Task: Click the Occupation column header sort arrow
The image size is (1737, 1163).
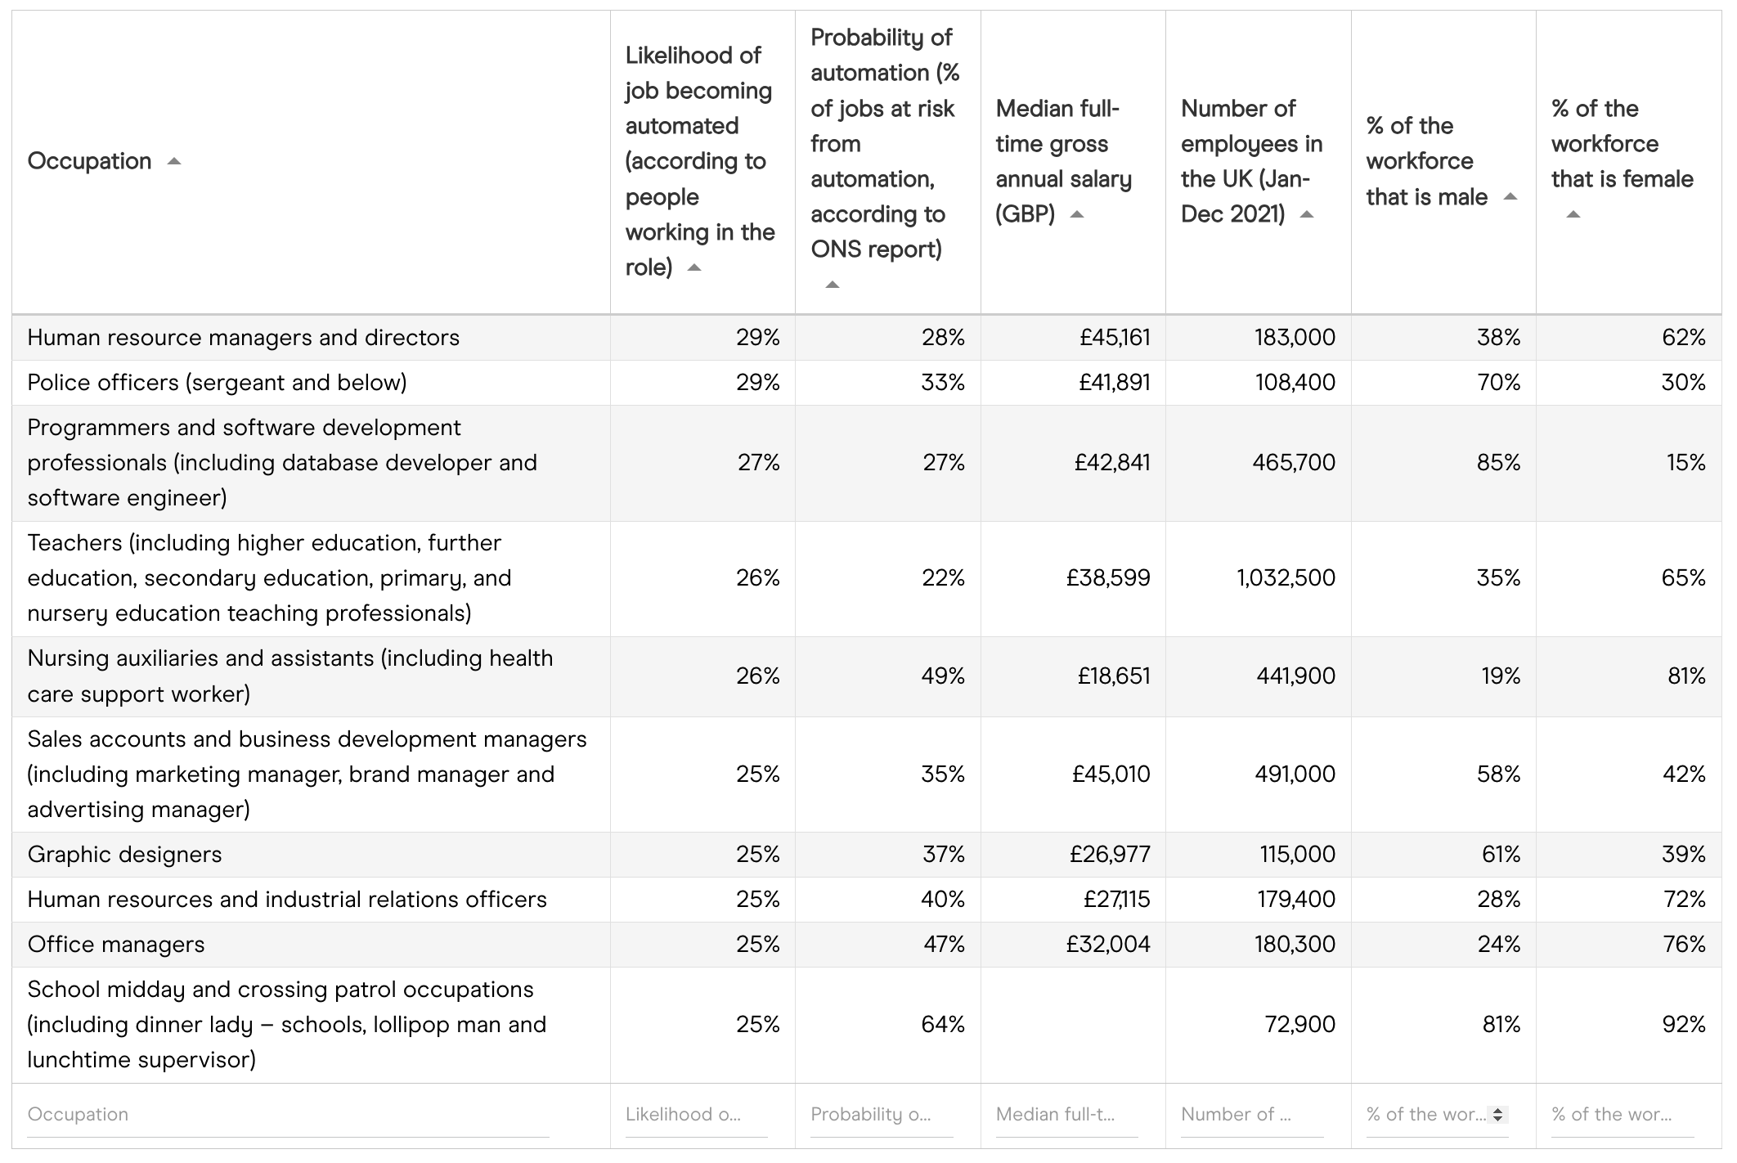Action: click(x=173, y=161)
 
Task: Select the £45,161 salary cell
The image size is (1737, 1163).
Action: click(x=1115, y=338)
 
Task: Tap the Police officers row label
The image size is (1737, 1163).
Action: click(x=217, y=383)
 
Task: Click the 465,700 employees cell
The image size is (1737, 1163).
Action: click(x=1294, y=463)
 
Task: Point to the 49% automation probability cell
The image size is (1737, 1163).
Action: click(x=943, y=676)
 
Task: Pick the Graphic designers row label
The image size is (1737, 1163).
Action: click(x=124, y=855)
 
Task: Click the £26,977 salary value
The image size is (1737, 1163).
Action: click(x=1110, y=855)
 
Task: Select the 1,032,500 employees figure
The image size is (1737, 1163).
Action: click(x=1286, y=578)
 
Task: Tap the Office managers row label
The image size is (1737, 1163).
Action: click(x=116, y=945)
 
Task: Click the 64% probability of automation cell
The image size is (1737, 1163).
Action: click(x=943, y=1025)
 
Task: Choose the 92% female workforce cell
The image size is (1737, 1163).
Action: click(x=1684, y=1025)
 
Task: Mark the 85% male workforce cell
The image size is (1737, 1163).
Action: click(x=1498, y=463)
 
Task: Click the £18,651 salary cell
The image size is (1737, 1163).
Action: click(x=1114, y=676)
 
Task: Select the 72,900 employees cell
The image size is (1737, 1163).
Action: click(x=1299, y=1025)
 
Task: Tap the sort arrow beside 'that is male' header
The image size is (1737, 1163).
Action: click(x=1510, y=197)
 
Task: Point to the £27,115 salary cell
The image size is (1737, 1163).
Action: click(x=1116, y=900)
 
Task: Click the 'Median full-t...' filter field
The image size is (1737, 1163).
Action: click(x=1066, y=1115)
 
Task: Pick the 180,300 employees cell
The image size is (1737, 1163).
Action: click(x=1295, y=945)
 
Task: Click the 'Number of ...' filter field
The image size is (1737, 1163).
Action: click(x=1251, y=1115)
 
